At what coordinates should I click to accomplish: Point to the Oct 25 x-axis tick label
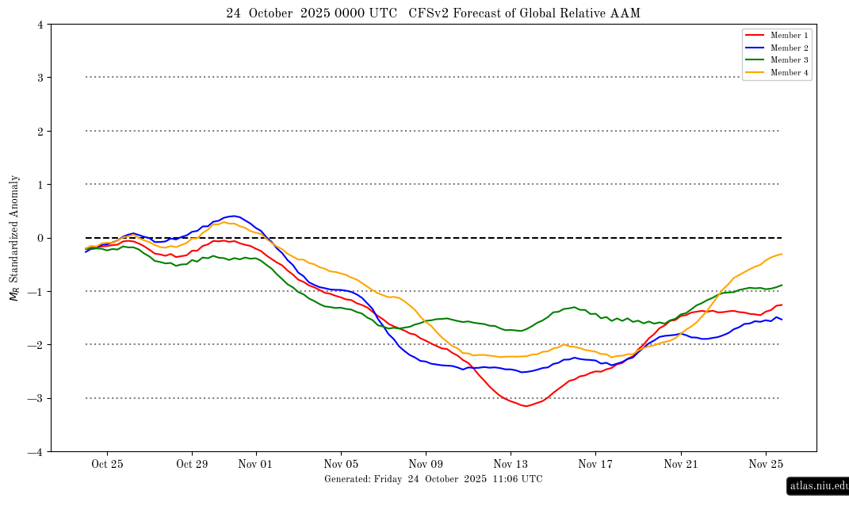pyautogui.click(x=107, y=464)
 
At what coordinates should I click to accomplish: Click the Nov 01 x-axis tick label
pyautogui.click(x=255, y=464)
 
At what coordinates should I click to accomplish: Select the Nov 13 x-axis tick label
pyautogui.click(x=511, y=464)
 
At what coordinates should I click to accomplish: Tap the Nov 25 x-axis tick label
pyautogui.click(x=766, y=464)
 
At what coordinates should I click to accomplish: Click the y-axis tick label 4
pyautogui.click(x=40, y=25)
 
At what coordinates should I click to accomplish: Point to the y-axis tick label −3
pyautogui.click(x=37, y=399)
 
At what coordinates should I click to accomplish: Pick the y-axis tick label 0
pyautogui.click(x=40, y=238)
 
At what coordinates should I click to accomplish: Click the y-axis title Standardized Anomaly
pyautogui.click(x=14, y=238)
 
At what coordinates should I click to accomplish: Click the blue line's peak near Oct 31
pyautogui.click(x=233, y=216)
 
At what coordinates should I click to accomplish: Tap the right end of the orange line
pyautogui.click(x=782, y=254)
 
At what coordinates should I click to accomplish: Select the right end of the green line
pyautogui.click(x=782, y=285)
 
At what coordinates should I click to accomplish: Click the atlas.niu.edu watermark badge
pyautogui.click(x=817, y=486)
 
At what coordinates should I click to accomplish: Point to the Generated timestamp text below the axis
pyautogui.click(x=433, y=479)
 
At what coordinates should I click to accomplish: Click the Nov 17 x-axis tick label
pyautogui.click(x=595, y=464)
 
